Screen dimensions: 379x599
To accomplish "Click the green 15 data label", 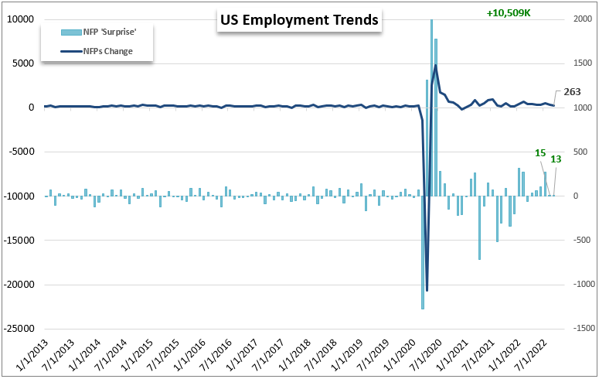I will pos(540,153).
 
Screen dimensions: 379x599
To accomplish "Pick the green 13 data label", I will pos(556,159).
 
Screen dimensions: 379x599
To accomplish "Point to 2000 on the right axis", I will pos(580,19).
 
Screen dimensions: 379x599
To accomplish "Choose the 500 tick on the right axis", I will pos(579,152).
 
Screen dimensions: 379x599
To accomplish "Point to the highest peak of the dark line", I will pos(436,66).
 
